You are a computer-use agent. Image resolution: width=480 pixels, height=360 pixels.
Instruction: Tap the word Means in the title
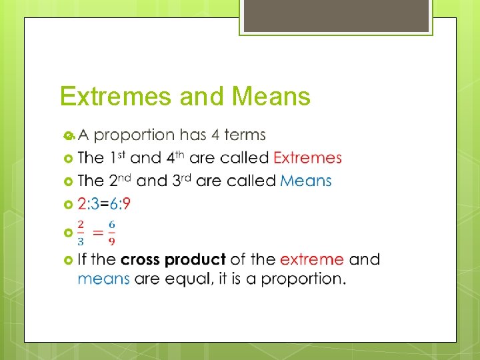[271, 97]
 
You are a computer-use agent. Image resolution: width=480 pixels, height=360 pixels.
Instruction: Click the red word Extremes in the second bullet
[307, 158]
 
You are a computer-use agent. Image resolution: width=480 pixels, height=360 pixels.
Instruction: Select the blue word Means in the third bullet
[305, 181]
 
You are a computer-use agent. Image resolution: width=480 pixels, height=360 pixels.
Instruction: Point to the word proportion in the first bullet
[134, 136]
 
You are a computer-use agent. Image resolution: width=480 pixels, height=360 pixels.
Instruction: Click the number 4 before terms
[215, 135]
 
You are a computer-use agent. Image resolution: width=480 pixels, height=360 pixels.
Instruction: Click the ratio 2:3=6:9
[104, 203]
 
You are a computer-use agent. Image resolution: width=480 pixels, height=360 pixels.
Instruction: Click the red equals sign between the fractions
[97, 232]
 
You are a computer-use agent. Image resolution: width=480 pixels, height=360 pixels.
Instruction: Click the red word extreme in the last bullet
[312, 259]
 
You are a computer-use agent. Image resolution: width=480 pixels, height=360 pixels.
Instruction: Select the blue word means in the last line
[103, 279]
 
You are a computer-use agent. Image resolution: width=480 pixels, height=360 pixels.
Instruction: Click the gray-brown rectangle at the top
[336, 15]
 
